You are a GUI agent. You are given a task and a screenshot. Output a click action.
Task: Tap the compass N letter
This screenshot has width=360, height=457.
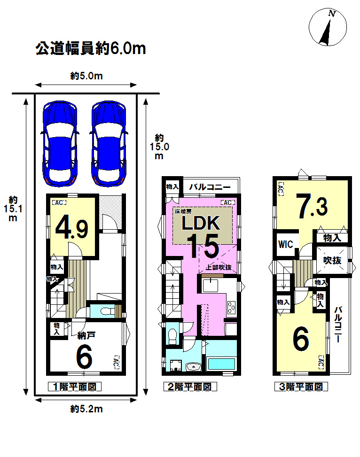(332, 14)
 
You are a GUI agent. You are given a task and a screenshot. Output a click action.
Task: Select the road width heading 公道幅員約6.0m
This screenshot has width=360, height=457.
(91, 48)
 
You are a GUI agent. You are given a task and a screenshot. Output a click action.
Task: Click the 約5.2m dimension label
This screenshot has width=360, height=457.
(86, 409)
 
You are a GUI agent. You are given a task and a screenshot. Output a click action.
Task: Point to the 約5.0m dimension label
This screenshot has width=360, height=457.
(86, 76)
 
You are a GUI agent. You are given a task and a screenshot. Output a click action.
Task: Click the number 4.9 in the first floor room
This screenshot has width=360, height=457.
(72, 227)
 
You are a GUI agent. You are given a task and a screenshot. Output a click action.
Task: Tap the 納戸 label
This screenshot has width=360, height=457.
(86, 335)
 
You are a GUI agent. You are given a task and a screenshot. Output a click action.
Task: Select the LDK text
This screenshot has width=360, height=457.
(201, 223)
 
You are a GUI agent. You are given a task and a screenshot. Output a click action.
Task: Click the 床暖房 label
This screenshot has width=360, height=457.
(183, 212)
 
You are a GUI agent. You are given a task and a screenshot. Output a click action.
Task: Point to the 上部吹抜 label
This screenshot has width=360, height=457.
(219, 267)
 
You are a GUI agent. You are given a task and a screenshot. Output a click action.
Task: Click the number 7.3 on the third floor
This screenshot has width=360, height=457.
(313, 207)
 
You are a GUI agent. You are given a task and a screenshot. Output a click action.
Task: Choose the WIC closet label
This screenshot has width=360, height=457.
(286, 244)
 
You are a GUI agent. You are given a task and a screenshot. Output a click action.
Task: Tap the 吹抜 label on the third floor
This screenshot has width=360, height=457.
(332, 260)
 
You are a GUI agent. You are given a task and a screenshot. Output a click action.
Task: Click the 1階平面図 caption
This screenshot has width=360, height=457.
(75, 387)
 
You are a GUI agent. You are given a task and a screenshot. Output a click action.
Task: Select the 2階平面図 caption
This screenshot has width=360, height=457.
(190, 387)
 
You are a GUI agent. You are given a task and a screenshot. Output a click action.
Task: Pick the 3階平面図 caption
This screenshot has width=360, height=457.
(301, 387)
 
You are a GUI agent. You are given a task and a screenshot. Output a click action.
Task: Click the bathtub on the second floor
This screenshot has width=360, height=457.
(221, 364)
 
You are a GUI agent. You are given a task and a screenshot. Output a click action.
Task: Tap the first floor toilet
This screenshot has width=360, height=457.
(107, 311)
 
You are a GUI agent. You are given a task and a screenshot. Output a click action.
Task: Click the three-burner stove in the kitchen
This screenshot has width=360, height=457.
(231, 307)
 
